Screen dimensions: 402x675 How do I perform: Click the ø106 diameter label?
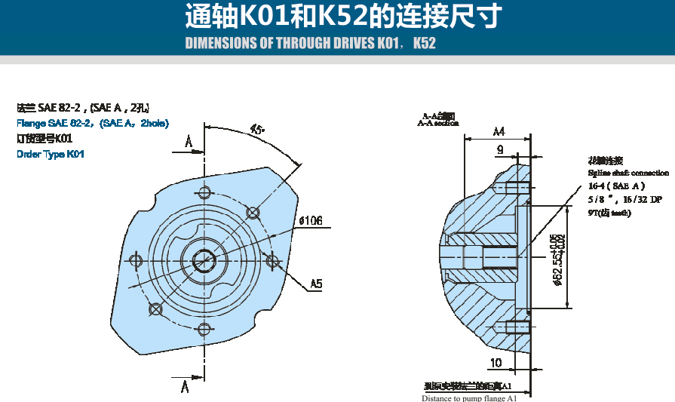coord(310,221)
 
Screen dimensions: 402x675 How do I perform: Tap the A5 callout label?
coord(316,284)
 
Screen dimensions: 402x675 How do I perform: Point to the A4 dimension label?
coord(499,131)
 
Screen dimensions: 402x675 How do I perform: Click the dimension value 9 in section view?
coord(499,150)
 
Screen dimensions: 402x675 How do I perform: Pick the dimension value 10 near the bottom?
coord(496,363)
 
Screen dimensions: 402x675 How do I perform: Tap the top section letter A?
coord(188,142)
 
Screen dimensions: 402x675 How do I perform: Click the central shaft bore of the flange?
coord(203,260)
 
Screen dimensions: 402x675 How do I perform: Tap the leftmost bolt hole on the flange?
coord(137,260)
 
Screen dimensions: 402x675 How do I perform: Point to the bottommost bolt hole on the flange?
coord(203,328)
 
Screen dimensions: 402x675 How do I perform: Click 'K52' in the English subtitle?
coord(425,43)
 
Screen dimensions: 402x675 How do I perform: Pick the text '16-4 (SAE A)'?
coord(617,186)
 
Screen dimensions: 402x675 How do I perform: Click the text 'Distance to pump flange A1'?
coord(469,398)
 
